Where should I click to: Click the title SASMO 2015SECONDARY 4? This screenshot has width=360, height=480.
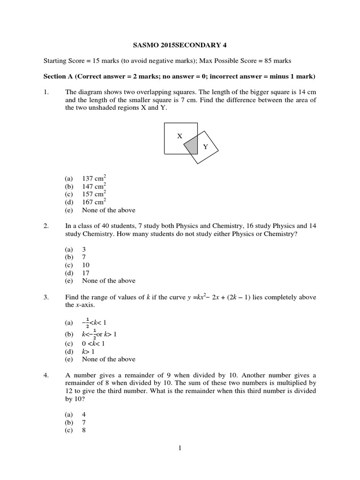click(x=180, y=46)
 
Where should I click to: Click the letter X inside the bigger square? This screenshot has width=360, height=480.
click(x=179, y=136)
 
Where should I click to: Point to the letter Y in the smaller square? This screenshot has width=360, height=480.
click(x=205, y=147)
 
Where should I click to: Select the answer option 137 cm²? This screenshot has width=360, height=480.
click(x=94, y=179)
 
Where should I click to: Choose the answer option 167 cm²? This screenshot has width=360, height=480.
click(x=94, y=202)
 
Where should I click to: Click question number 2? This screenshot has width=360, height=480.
click(x=46, y=226)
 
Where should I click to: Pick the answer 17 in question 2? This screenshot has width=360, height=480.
click(x=86, y=273)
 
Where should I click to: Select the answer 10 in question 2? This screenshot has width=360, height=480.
click(x=86, y=265)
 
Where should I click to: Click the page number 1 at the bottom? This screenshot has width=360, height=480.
click(x=180, y=448)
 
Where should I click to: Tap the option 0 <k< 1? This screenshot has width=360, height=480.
click(x=93, y=343)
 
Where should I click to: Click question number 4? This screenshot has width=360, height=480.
click(x=46, y=375)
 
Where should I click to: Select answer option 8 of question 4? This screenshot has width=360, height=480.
click(x=84, y=430)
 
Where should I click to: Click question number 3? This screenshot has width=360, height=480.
click(x=46, y=297)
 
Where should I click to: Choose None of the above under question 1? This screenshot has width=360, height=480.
click(x=108, y=210)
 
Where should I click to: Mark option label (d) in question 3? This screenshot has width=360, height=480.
click(x=69, y=351)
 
